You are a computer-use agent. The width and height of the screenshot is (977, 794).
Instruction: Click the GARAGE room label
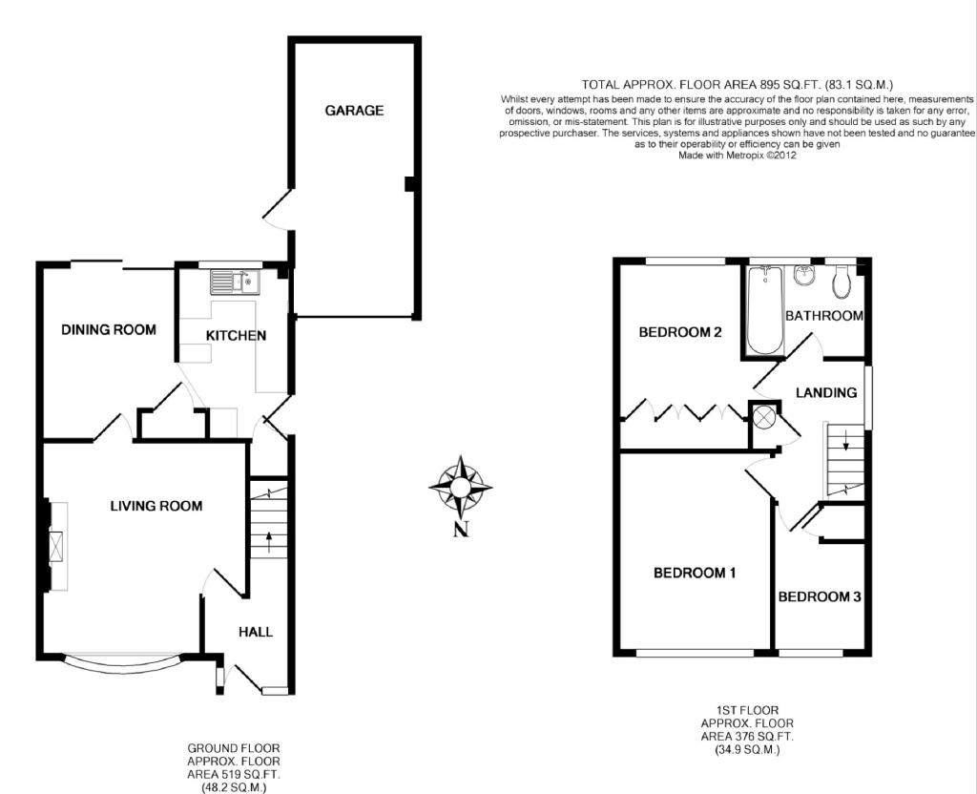click(354, 111)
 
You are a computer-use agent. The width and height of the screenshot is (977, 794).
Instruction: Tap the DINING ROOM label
click(109, 329)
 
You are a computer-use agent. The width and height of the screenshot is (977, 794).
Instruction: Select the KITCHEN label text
click(237, 336)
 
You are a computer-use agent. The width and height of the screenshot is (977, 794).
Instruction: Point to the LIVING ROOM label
click(156, 506)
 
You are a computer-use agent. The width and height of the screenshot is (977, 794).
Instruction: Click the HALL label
click(256, 632)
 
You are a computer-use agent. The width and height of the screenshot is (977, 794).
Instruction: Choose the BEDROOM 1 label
click(695, 573)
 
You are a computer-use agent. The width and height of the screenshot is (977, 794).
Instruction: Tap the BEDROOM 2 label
click(680, 332)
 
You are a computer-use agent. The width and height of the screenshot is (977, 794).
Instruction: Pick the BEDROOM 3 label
click(820, 597)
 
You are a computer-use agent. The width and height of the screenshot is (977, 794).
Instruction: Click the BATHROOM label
click(824, 316)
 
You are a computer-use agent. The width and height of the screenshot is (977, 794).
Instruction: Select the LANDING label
click(827, 392)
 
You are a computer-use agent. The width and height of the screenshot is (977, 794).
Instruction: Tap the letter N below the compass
click(461, 530)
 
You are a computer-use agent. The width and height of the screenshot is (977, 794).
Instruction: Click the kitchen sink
click(236, 282)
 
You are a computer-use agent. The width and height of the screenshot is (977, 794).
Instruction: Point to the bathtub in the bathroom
click(763, 310)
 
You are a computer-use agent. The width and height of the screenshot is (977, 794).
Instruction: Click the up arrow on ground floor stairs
click(269, 542)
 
